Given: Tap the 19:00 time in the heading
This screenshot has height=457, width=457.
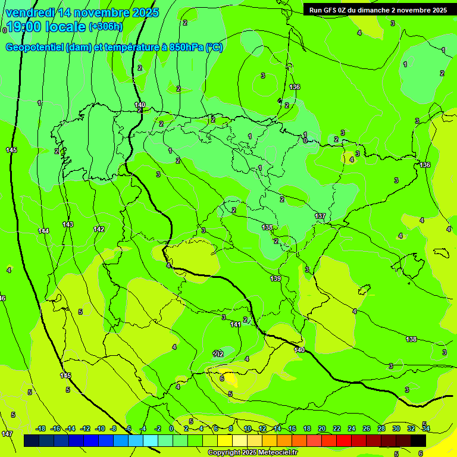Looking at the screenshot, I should click(24, 27).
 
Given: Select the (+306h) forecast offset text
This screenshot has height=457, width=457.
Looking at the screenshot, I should click(105, 27).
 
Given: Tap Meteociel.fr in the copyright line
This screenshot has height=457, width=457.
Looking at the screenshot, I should click(276, 453).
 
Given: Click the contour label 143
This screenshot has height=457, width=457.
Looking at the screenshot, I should click(68, 224).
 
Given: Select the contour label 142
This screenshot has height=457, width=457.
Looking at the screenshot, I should click(99, 229).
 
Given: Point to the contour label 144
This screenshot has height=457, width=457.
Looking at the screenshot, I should click(43, 231).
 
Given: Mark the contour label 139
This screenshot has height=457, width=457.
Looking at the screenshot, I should click(276, 278).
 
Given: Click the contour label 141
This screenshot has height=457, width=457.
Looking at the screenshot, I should click(236, 324).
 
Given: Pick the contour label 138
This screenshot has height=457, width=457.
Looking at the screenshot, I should click(411, 339).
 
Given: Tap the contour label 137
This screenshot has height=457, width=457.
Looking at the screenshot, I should click(320, 216).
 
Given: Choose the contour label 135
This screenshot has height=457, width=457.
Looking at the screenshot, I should click(267, 227).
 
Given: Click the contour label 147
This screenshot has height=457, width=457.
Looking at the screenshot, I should click(7, 434).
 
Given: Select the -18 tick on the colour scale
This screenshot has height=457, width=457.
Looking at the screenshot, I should click(41, 428).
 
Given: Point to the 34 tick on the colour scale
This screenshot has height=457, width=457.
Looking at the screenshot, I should click(425, 428).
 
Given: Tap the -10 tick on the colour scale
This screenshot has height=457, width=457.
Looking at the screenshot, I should click(100, 428).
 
